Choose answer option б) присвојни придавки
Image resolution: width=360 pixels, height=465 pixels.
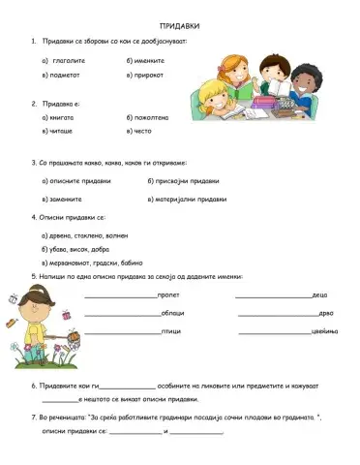185,181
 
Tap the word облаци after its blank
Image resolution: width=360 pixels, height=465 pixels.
171,313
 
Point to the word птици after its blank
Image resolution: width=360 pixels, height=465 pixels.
169,331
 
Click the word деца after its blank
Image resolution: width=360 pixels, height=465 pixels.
320,294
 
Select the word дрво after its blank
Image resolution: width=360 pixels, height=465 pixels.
325,313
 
